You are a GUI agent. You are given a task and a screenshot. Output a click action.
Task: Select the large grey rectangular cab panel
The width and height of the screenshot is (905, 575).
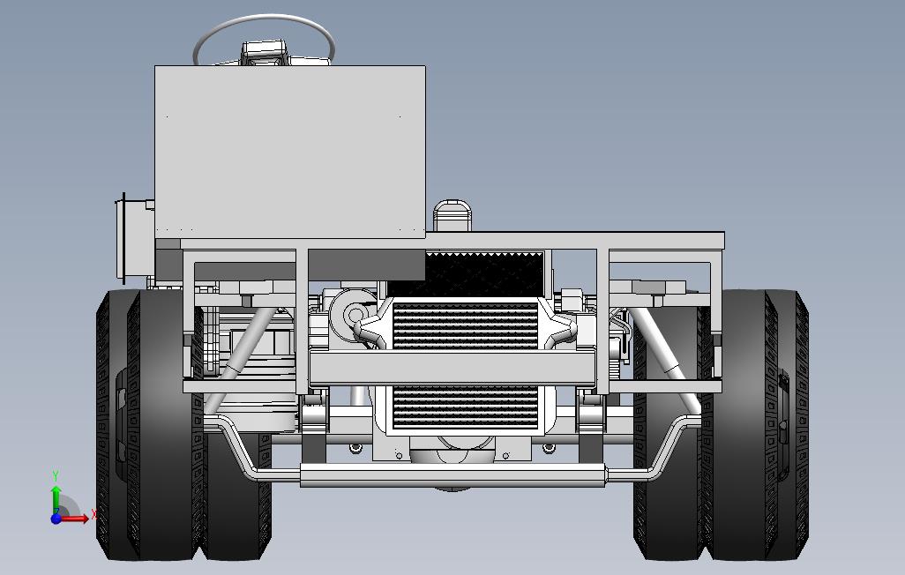click(x=289, y=152)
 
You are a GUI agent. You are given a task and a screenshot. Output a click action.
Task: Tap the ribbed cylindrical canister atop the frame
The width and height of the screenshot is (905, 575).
click(x=452, y=216)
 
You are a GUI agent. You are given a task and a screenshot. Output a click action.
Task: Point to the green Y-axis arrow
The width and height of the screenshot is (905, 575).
click(x=56, y=497)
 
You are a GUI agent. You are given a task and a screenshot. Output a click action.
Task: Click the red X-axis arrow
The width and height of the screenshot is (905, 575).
click(x=74, y=518)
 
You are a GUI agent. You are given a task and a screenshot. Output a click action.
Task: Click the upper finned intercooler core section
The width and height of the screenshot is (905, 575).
click(x=465, y=325)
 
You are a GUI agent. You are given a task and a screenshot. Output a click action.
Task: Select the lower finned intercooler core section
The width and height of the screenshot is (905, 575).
click(x=465, y=408)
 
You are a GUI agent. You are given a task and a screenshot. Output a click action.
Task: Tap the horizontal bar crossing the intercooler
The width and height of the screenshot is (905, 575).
click(x=452, y=368)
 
